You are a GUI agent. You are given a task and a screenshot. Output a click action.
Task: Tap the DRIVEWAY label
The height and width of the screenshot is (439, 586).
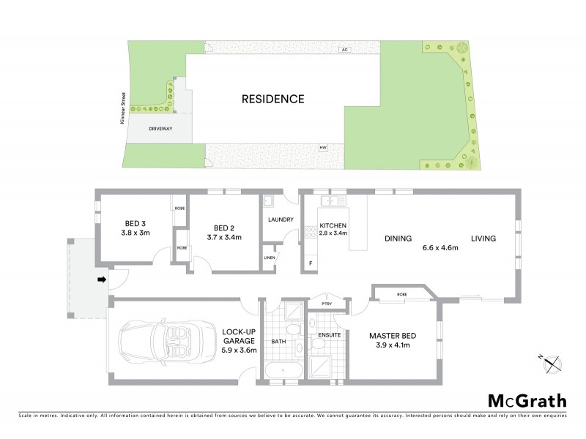pyautogui.click(x=160, y=127)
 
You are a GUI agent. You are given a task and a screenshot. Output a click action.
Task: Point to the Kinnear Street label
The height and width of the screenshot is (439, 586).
pyautogui.click(x=125, y=107)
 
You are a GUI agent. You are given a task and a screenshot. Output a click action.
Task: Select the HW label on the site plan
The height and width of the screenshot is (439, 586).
pyautogui.click(x=322, y=149)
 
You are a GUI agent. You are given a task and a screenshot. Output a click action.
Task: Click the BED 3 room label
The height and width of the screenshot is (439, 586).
pyautogui.click(x=135, y=225)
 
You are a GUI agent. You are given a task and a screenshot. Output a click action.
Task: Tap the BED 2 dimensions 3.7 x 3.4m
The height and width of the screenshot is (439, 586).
pyautogui.click(x=223, y=238)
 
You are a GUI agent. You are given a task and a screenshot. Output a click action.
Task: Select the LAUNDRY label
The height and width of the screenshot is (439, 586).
pyautogui.click(x=281, y=219)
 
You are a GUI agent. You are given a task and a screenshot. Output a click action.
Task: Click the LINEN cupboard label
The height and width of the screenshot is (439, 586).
pyautogui.click(x=270, y=257)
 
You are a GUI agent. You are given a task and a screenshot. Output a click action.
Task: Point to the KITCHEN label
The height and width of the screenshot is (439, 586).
pyautogui.click(x=333, y=225)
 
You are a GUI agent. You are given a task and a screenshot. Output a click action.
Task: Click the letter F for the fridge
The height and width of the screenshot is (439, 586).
pyautogui.click(x=310, y=263)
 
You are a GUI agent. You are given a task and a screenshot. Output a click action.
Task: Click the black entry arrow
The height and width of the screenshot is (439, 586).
pyautogui.click(x=102, y=279)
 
